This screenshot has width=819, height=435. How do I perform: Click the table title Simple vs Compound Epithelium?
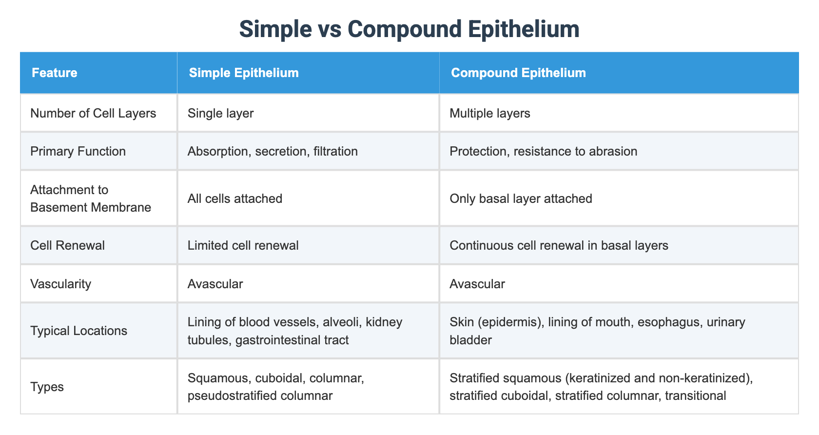tap(409, 29)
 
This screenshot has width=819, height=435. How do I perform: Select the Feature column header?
tap(55, 73)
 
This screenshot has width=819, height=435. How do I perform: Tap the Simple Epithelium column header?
tap(243, 73)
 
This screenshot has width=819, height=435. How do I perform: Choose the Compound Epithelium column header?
tap(518, 73)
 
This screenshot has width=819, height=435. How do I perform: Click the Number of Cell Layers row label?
tap(93, 113)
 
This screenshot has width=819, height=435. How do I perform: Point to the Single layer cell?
tap(220, 113)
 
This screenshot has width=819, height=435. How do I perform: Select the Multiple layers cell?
tap(489, 113)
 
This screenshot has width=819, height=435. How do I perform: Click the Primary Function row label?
tap(78, 151)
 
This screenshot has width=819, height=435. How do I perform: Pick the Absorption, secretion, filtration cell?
tap(273, 151)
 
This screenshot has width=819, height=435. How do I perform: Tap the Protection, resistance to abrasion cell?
tap(543, 151)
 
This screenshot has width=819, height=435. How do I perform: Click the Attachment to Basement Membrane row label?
tap(91, 198)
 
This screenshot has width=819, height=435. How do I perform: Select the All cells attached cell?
tap(234, 198)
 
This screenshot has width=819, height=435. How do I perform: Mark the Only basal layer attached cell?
tap(521, 198)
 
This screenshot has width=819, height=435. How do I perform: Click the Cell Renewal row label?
tap(67, 245)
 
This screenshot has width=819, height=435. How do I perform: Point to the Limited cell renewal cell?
tap(243, 245)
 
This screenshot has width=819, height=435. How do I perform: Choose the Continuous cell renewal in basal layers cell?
tap(559, 245)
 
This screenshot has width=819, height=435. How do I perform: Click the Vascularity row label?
tap(60, 284)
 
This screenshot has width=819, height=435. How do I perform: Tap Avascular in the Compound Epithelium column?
tap(477, 284)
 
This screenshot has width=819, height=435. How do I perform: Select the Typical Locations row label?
tap(78, 331)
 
